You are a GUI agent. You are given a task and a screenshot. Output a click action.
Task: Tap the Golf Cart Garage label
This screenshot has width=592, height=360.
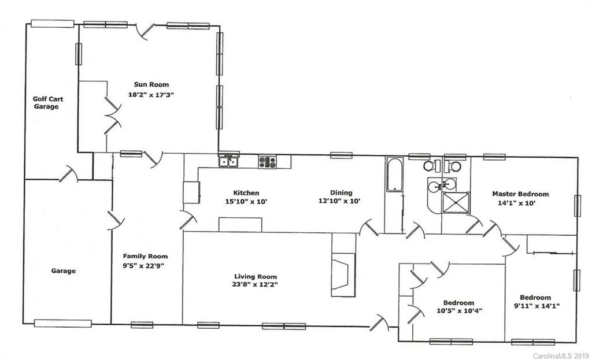coord(47,102)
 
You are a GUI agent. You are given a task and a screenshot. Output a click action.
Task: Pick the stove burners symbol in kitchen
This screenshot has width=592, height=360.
coord(267,162)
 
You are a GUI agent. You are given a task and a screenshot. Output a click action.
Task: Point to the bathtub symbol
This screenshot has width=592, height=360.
coord(393,174)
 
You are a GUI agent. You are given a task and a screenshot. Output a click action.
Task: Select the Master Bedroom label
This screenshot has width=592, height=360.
coord(520,194)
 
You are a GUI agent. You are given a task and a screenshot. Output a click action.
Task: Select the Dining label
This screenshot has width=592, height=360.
coord(341,193)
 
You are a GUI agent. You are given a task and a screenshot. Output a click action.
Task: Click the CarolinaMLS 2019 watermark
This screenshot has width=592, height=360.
coord(560,355)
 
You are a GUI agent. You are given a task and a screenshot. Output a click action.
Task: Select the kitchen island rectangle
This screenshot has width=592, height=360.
coord(240,224)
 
